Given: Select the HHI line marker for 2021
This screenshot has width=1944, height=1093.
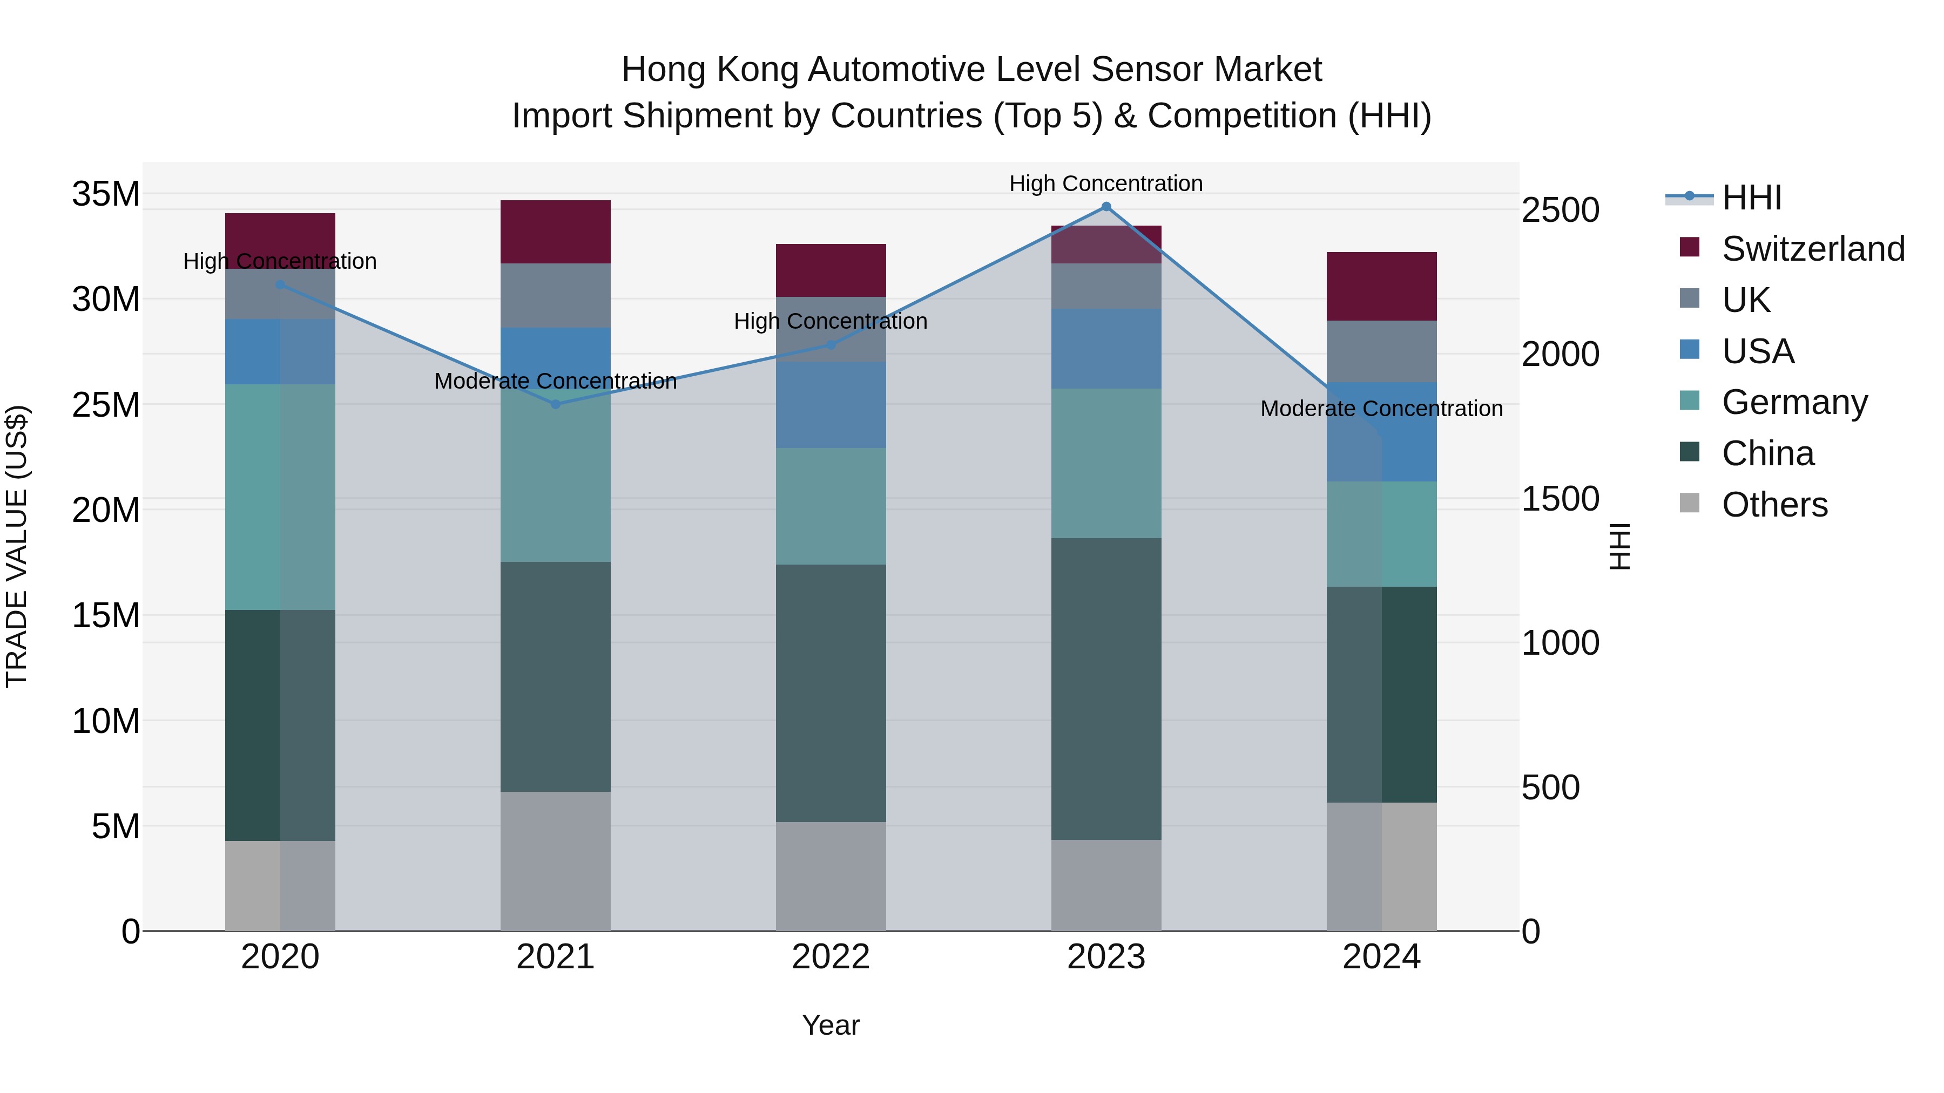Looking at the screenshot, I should point(556,404).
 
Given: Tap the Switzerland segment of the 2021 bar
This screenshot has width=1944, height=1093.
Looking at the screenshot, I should point(556,232).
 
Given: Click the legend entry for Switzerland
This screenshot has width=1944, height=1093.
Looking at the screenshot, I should point(1813,249).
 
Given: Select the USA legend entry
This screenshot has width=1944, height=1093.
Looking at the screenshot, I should point(1758,351).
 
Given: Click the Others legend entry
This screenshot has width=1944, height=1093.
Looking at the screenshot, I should point(1774,505).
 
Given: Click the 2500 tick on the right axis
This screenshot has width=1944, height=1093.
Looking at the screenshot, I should point(1560,211).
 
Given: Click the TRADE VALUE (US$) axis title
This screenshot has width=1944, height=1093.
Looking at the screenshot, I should point(17,546).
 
